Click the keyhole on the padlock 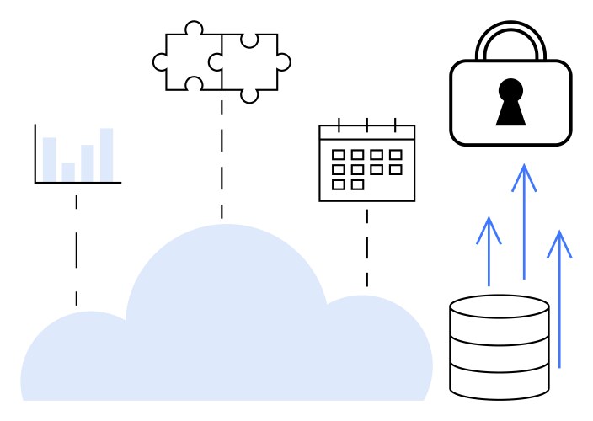[x=510, y=100]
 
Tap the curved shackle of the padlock [x=510, y=30]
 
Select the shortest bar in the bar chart [x=68, y=172]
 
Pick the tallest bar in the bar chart [x=106, y=155]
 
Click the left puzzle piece [x=190, y=61]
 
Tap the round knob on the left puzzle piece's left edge [x=160, y=61]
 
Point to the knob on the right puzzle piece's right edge [x=283, y=61]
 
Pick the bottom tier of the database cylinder [x=500, y=381]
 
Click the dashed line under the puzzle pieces [x=222, y=160]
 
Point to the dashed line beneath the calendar [x=366, y=248]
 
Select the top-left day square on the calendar [x=339, y=155]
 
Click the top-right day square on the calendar [x=395, y=155]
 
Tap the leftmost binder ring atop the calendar [x=339, y=125]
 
